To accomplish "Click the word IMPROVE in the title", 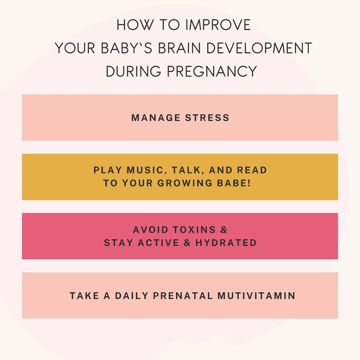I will [218, 25].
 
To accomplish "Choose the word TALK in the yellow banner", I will [186, 170].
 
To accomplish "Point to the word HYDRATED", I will [226, 243].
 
